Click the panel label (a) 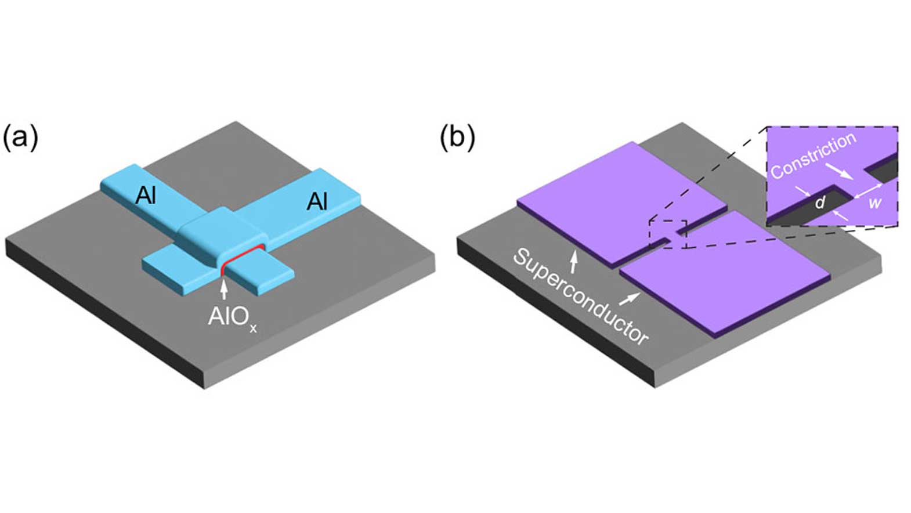click(20, 138)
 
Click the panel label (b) click(457, 138)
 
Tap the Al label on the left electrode click(146, 196)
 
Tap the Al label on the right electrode click(317, 201)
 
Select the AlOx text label click(232, 317)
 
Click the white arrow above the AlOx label click(224, 288)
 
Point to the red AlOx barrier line click(241, 255)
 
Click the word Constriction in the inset click(813, 154)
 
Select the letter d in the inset click(820, 203)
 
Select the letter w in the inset click(874, 203)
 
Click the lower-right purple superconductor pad click(725, 273)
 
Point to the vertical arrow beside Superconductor click(574, 262)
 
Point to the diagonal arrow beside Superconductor click(630, 299)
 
